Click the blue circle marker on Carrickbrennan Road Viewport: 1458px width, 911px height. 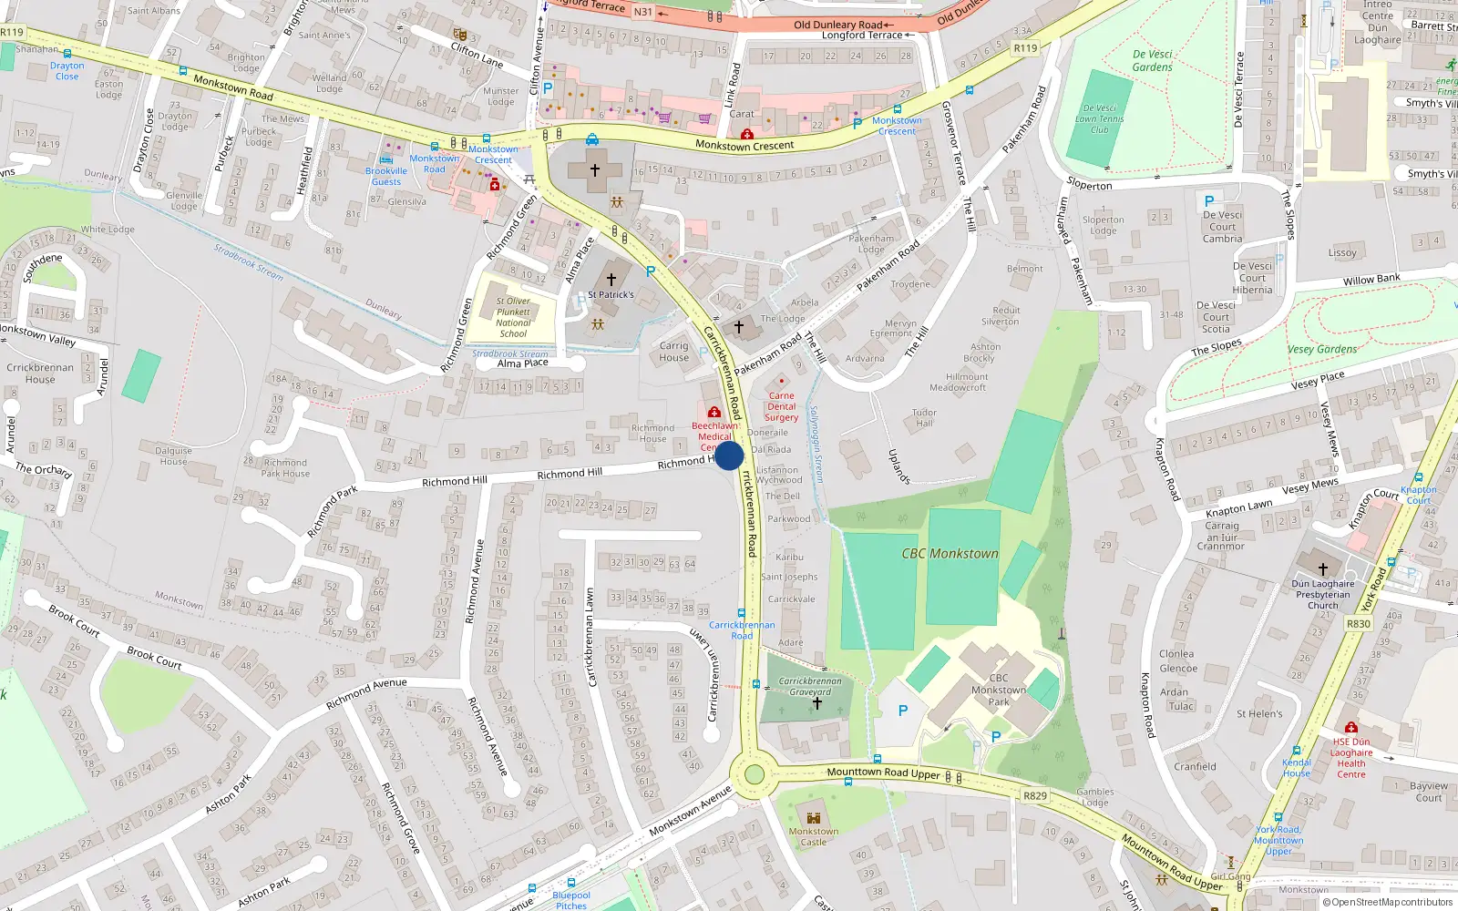tap(729, 455)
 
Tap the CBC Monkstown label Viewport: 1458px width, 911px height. tap(950, 553)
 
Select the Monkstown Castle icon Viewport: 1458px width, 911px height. tap(814, 817)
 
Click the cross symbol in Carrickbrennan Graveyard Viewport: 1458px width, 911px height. tap(817, 703)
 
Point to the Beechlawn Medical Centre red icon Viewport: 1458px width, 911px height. tap(714, 413)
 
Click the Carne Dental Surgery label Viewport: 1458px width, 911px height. tap(781, 406)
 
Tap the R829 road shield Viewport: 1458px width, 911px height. tap(1035, 795)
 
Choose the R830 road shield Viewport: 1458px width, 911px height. tap(1358, 624)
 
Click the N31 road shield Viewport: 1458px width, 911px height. tap(643, 12)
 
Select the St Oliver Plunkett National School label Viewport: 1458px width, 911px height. tap(513, 317)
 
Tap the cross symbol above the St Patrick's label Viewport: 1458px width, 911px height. tap(611, 279)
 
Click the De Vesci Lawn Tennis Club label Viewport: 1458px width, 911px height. tap(1100, 118)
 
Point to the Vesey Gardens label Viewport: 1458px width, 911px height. tap(1322, 349)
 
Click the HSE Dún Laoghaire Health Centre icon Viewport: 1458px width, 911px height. tap(1351, 727)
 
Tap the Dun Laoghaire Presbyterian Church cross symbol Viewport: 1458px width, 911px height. tap(1323, 568)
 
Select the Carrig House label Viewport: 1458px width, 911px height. tap(674, 352)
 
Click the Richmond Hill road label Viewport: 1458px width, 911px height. tap(570, 474)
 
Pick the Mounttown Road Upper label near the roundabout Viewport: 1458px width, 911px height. tap(883, 773)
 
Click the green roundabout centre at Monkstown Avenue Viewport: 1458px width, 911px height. tap(754, 774)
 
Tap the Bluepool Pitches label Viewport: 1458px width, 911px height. tap(571, 900)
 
